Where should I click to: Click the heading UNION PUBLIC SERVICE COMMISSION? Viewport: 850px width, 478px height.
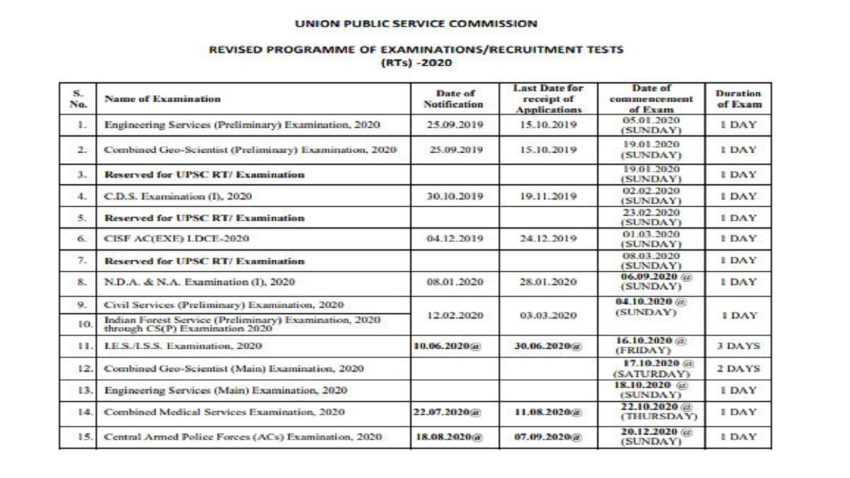[x=416, y=23]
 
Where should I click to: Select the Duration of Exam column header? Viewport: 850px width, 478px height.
[x=738, y=99]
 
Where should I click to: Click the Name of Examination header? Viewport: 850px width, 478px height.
[x=162, y=99]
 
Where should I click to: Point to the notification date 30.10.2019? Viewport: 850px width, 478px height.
[x=454, y=196]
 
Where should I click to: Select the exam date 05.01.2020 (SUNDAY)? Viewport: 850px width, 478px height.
[x=650, y=125]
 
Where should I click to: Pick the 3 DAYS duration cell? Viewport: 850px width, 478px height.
[x=738, y=346]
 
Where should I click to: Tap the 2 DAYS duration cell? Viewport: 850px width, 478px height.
[x=738, y=368]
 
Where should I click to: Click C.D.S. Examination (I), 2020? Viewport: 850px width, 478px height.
[x=178, y=196]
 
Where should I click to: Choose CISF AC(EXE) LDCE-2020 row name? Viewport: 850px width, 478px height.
[x=176, y=239]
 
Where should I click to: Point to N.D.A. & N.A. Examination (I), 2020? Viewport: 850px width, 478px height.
[x=199, y=282]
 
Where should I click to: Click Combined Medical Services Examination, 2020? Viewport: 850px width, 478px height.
[x=224, y=411]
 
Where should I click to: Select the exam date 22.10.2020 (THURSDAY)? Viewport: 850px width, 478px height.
[x=650, y=411]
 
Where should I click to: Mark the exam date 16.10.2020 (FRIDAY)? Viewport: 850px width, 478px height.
[x=650, y=346]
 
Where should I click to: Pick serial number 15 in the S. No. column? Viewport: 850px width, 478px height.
[x=84, y=436]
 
